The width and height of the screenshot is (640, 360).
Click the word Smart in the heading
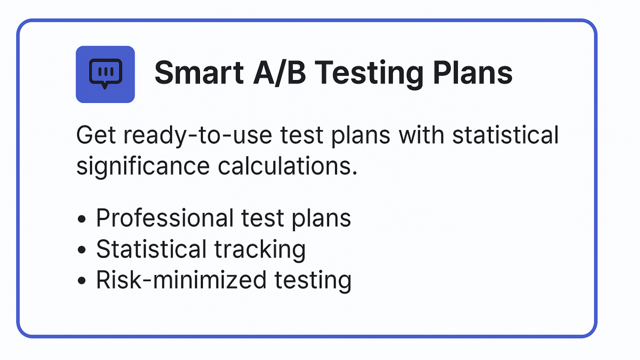coord(199,73)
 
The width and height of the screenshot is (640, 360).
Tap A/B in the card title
coord(280,73)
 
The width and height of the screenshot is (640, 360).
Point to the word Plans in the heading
coord(473,73)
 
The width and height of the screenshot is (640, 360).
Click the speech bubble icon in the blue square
coord(106,74)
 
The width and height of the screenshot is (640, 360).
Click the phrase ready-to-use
coord(198,136)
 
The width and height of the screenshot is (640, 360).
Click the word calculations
coord(288,166)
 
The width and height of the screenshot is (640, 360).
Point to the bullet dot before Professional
coord(82,219)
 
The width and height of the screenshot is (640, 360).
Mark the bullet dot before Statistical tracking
coord(82,250)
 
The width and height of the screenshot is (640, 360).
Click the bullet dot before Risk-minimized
coord(82,280)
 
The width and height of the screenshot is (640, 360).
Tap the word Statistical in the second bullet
coord(151,249)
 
